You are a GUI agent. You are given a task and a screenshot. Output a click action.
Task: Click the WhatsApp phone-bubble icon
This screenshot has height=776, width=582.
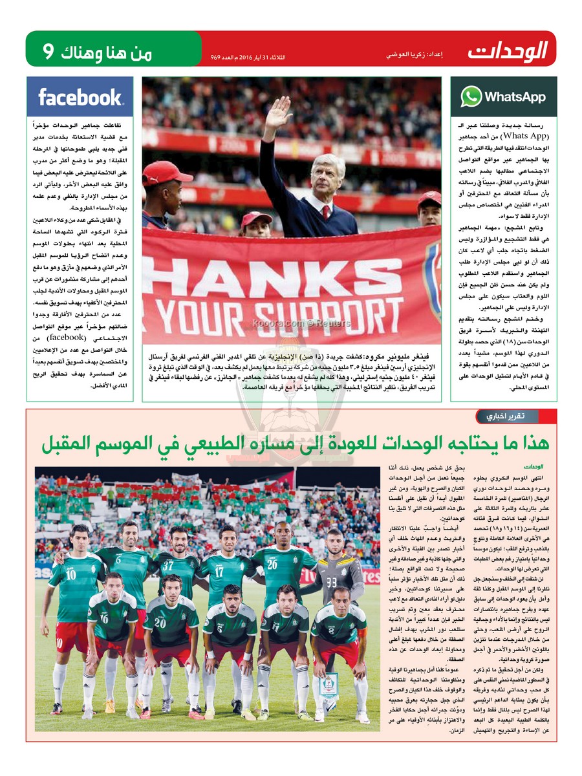[471, 96]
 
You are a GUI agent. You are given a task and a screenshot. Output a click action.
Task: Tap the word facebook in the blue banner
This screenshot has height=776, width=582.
[80, 97]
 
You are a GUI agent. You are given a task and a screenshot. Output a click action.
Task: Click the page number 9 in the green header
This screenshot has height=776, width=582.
[48, 50]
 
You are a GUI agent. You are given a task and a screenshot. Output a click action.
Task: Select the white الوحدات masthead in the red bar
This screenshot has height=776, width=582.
[508, 49]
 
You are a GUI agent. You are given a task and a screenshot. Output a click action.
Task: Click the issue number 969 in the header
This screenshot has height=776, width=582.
[216, 58]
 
